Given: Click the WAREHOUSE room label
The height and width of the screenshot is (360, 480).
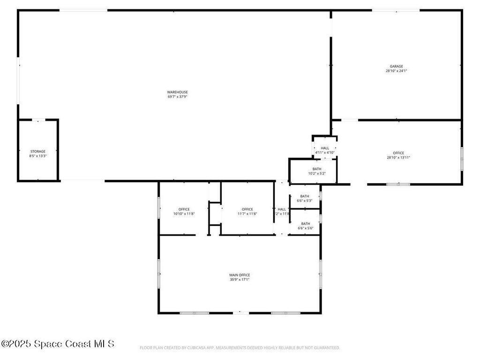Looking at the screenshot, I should [178, 92].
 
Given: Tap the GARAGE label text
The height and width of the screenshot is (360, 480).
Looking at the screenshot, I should [396, 66].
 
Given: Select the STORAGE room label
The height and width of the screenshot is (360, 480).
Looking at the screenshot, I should [38, 151].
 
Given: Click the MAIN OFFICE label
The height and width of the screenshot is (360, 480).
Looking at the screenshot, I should [240, 275].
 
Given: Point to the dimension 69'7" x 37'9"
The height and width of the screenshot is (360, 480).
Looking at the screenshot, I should [178, 97].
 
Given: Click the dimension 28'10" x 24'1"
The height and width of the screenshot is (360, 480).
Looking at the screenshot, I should [396, 71].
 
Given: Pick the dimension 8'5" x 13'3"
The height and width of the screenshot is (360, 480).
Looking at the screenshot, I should [38, 156].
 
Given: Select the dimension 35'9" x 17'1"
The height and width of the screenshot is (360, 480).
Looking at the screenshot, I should [240, 280].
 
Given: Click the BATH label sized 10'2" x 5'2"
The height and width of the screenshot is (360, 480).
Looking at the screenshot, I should [317, 169].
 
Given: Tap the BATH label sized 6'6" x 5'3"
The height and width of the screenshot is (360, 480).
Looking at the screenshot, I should [305, 196].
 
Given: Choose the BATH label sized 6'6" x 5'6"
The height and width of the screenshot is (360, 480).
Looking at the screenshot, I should [306, 224].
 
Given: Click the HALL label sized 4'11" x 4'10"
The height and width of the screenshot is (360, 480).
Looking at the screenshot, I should [325, 148].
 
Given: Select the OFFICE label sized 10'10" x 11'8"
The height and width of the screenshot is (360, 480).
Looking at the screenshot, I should [184, 209].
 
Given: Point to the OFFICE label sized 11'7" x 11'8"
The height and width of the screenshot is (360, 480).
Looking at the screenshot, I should [247, 209].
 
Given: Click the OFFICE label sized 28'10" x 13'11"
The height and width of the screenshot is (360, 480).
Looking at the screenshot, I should [398, 153].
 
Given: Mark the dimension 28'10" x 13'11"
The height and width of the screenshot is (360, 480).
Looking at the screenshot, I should [398, 157].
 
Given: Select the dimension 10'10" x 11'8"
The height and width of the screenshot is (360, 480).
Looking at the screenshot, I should [184, 214].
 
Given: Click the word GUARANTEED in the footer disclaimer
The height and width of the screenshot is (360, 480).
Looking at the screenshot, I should [326, 348].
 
